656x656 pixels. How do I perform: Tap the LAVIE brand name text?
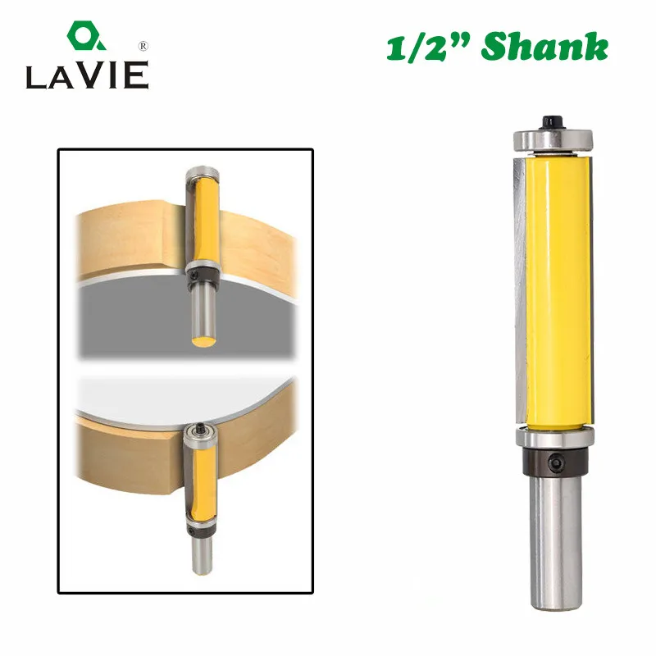coord(87,75)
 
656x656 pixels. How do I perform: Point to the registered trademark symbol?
coord(143,46)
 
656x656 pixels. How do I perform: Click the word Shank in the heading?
coord(544,47)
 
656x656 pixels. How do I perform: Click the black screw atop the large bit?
coord(553,122)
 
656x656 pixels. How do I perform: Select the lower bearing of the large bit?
coord(555,437)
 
